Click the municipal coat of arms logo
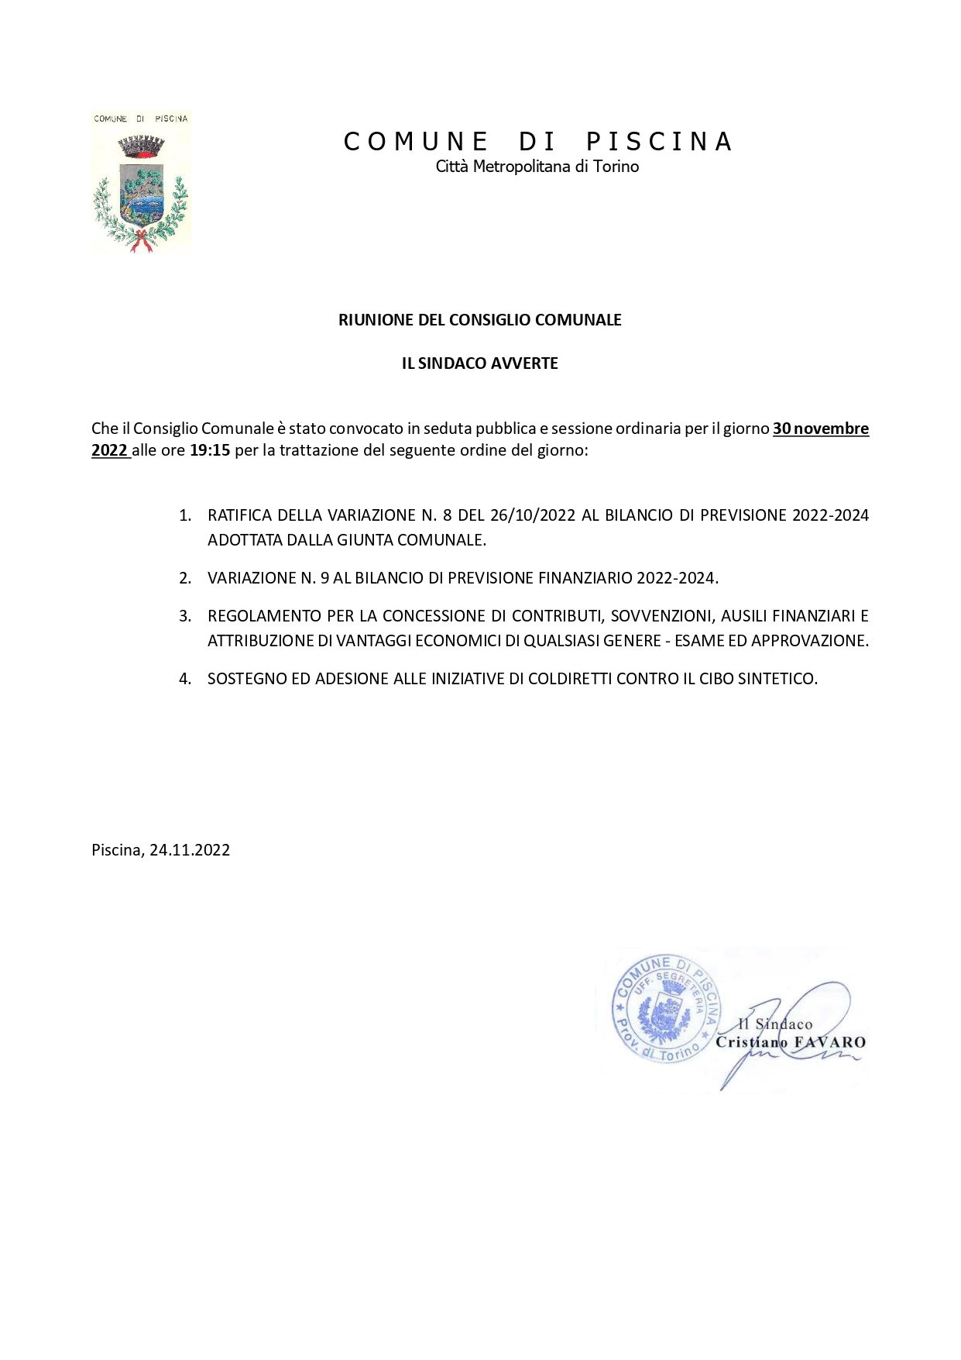(141, 184)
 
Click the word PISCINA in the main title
(658, 142)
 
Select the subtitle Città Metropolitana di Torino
(537, 167)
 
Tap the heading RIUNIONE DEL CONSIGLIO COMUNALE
(479, 320)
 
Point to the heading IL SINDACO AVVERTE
(479, 363)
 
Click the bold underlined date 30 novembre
(820, 429)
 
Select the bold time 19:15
(210, 450)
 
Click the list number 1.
(184, 516)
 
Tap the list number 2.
(184, 578)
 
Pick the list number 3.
(184, 617)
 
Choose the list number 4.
(184, 680)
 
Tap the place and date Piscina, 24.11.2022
(160, 850)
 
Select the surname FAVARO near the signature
(829, 1042)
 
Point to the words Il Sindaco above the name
(774, 1024)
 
